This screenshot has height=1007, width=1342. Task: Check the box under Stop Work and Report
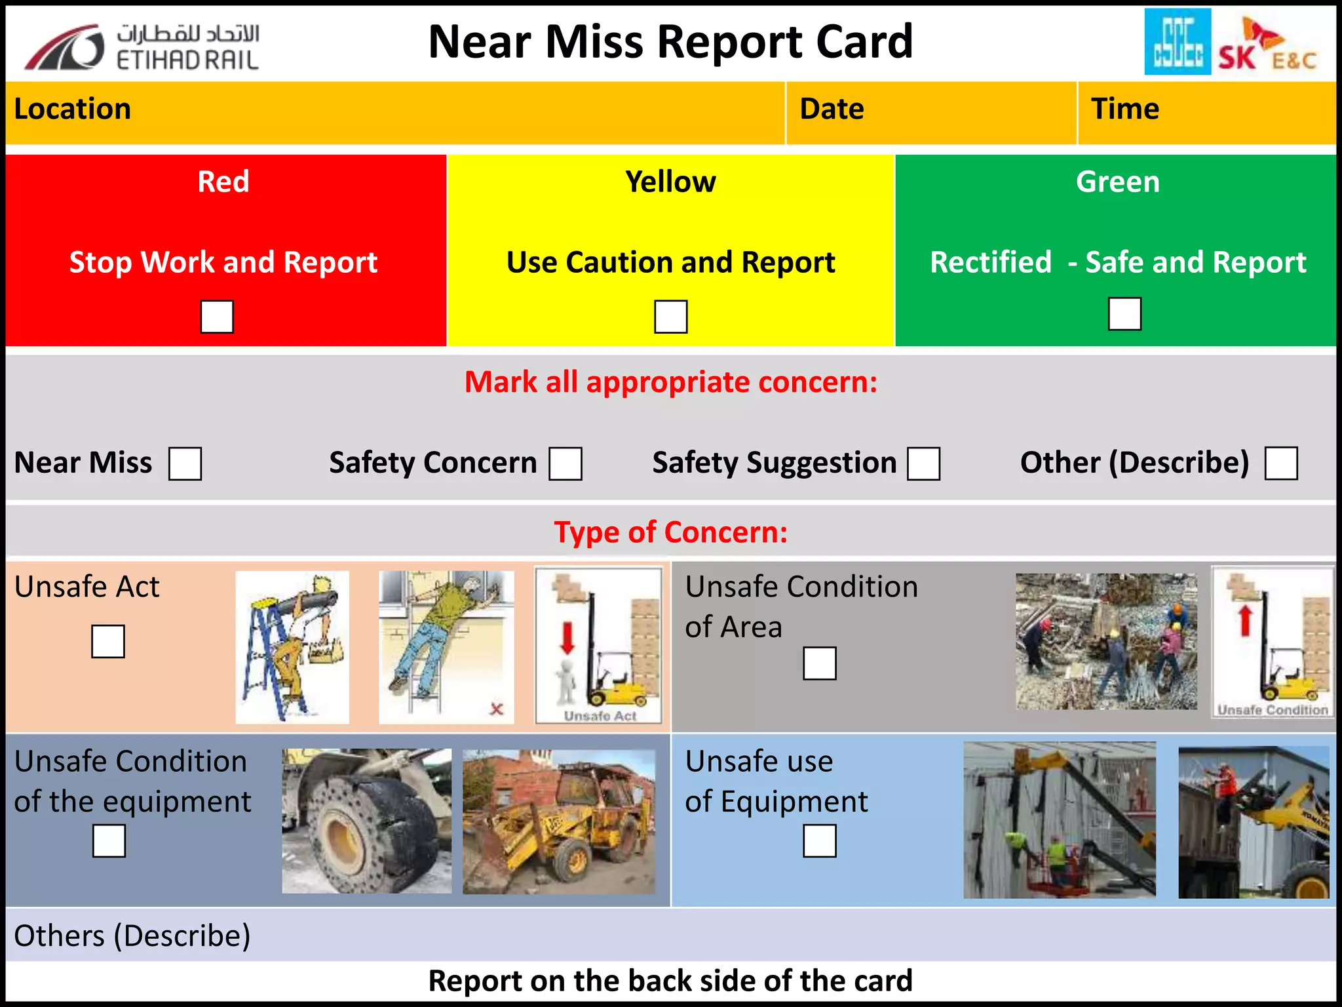pos(217,317)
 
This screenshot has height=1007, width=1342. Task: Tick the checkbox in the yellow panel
pos(670,317)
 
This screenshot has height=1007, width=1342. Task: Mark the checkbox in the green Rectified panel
pos(1124,313)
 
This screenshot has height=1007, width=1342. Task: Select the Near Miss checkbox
pos(185,464)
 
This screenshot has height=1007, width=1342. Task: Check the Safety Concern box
pos(565,464)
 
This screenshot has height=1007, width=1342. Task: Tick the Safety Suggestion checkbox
pos(923,464)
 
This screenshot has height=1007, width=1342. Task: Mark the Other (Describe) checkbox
pos(1281,464)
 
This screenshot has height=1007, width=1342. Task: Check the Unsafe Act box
pos(108,641)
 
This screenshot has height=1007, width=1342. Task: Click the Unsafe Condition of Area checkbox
pos(820,663)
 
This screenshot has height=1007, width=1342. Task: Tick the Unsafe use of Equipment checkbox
pos(820,840)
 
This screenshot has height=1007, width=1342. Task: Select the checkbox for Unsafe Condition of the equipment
pos(109,840)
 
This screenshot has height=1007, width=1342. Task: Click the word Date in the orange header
pos(832,109)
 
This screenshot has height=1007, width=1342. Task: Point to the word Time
pos(1124,109)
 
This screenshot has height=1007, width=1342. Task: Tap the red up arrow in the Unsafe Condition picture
pos(1245,620)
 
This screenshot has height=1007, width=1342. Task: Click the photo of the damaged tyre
pos(366,821)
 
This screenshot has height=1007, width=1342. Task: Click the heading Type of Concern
pos(670,532)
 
